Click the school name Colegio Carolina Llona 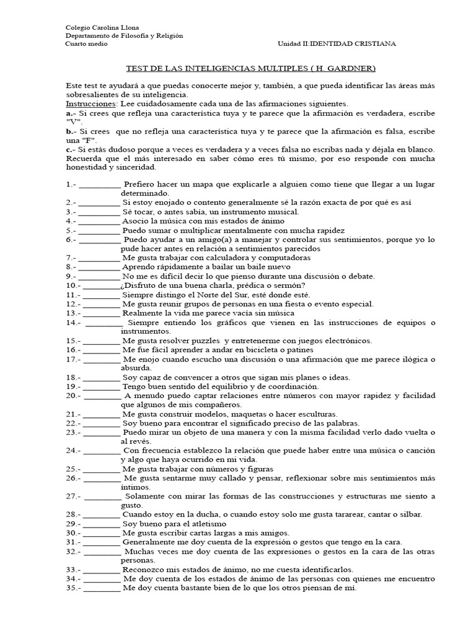click(102, 28)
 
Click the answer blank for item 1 click(100, 185)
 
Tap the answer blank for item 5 click(100, 230)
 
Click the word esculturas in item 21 click(315, 414)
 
